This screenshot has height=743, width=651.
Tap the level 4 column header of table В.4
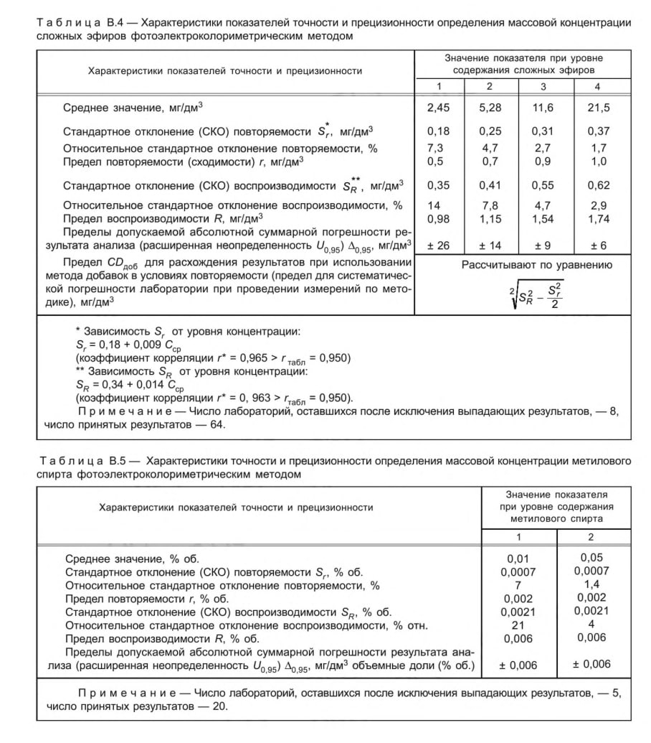(x=597, y=87)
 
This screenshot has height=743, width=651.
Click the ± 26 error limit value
(x=438, y=246)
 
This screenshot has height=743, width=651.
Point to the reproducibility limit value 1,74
(x=598, y=218)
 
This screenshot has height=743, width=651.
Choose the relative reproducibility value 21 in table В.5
(x=518, y=625)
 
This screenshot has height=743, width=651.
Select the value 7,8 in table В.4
(x=490, y=205)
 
